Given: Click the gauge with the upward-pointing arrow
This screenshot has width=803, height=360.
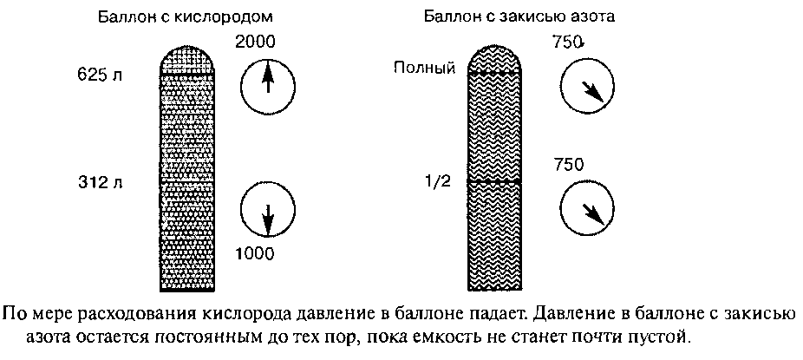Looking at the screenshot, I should click(x=267, y=82).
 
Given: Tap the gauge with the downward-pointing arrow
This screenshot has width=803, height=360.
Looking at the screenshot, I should click(x=267, y=211).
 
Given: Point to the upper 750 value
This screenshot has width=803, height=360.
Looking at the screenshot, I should click(x=569, y=42).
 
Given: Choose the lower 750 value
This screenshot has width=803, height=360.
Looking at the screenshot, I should click(x=569, y=165).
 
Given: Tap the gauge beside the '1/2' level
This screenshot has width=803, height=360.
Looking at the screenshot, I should click(x=586, y=207).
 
